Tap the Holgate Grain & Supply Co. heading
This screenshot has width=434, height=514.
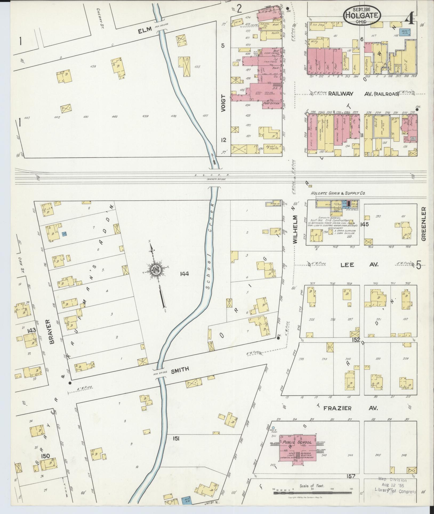(x=337, y=193)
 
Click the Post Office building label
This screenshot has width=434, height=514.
(x=272, y=103)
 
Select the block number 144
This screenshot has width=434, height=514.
(x=184, y=274)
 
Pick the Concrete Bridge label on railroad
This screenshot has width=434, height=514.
(x=216, y=180)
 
